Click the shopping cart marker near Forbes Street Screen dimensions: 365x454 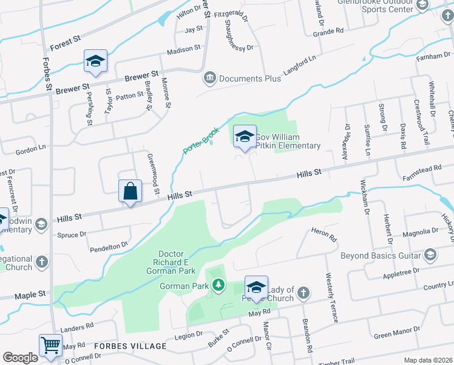click(51, 345)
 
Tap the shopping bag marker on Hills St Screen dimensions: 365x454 click(130, 191)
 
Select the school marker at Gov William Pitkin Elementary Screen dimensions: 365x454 click(245, 136)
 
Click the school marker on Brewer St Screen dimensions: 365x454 click(96, 61)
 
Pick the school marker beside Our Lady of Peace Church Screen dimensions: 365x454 click(256, 287)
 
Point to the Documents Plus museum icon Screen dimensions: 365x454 click(210, 78)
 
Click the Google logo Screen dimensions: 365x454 click(20, 357)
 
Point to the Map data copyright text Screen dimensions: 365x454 click(427, 360)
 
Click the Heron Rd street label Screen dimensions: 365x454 click(323, 234)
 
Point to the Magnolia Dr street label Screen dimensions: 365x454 click(420, 232)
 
